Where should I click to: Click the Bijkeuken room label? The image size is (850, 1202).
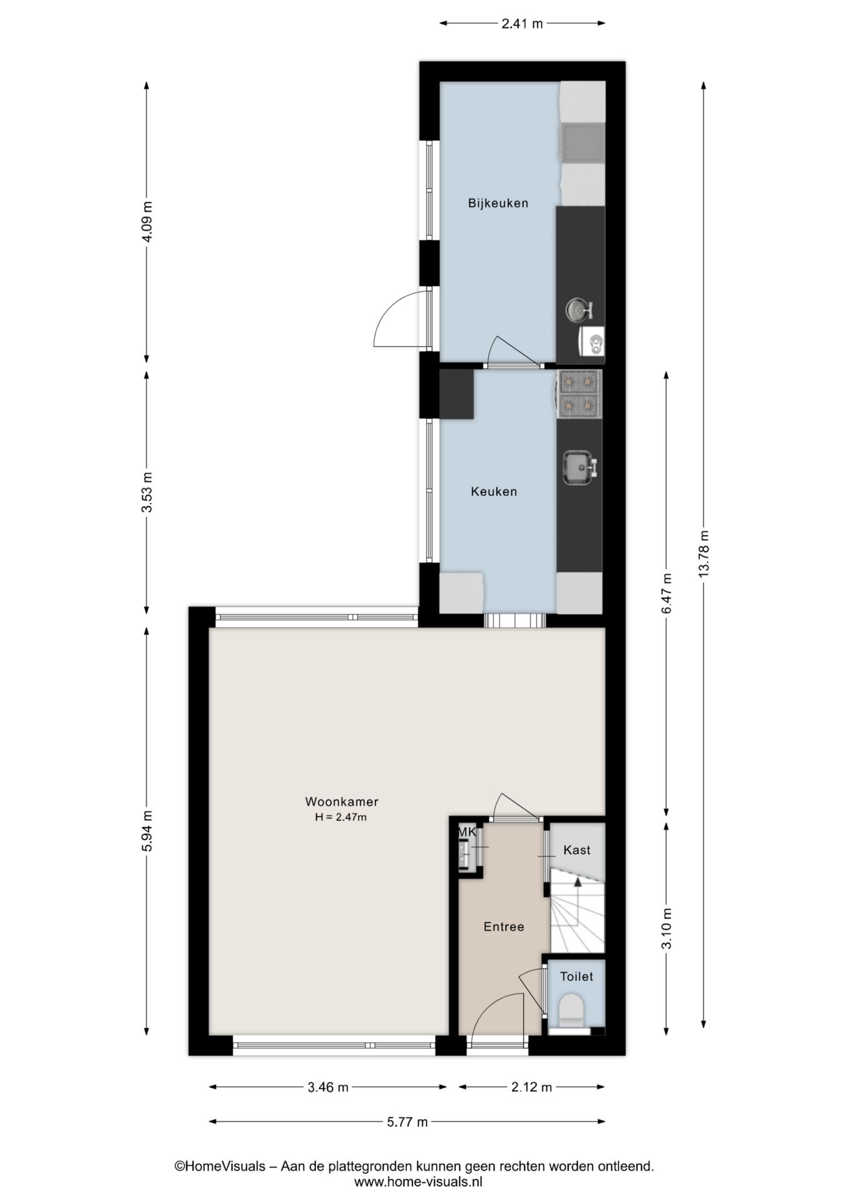(x=498, y=203)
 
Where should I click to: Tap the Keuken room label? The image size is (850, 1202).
(x=494, y=491)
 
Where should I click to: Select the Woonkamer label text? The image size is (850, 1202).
(x=342, y=801)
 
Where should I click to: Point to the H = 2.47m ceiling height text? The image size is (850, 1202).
(x=341, y=816)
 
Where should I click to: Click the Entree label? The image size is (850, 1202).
(x=503, y=927)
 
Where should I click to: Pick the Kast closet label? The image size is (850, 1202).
(x=576, y=850)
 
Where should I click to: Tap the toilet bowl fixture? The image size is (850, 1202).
(x=571, y=1009)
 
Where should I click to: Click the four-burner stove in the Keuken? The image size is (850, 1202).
(x=578, y=394)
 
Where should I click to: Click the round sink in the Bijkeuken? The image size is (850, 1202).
(x=578, y=309)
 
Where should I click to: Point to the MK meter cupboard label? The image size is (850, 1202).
(x=467, y=832)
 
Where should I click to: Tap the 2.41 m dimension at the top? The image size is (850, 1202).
(x=522, y=24)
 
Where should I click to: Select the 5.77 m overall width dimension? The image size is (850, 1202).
(x=407, y=1122)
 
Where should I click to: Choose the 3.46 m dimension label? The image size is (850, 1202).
(x=327, y=1087)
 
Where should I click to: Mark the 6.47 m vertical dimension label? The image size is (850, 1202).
(x=667, y=592)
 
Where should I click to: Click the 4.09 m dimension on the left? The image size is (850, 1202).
(x=146, y=222)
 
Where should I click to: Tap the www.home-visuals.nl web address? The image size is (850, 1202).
(x=418, y=1182)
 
